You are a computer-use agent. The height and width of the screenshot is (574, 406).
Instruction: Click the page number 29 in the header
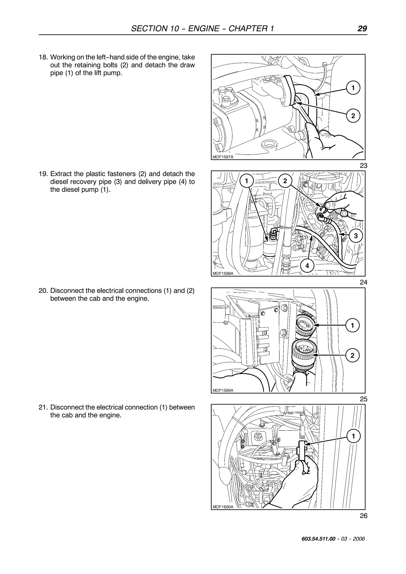(362, 29)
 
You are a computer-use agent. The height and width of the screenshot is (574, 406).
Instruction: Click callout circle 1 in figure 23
(353, 88)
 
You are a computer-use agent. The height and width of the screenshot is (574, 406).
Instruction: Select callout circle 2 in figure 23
(353, 116)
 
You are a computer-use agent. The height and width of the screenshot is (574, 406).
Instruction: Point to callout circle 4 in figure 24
(307, 266)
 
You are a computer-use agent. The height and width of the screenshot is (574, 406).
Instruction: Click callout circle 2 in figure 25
(352, 356)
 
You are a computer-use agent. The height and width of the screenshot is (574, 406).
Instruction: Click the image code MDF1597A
(223, 157)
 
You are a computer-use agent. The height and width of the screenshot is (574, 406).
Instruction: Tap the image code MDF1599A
(223, 390)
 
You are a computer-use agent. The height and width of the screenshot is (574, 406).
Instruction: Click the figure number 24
(363, 282)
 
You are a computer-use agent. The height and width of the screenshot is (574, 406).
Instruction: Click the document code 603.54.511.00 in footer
(318, 546)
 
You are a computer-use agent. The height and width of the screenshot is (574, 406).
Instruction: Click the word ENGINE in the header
(203, 29)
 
